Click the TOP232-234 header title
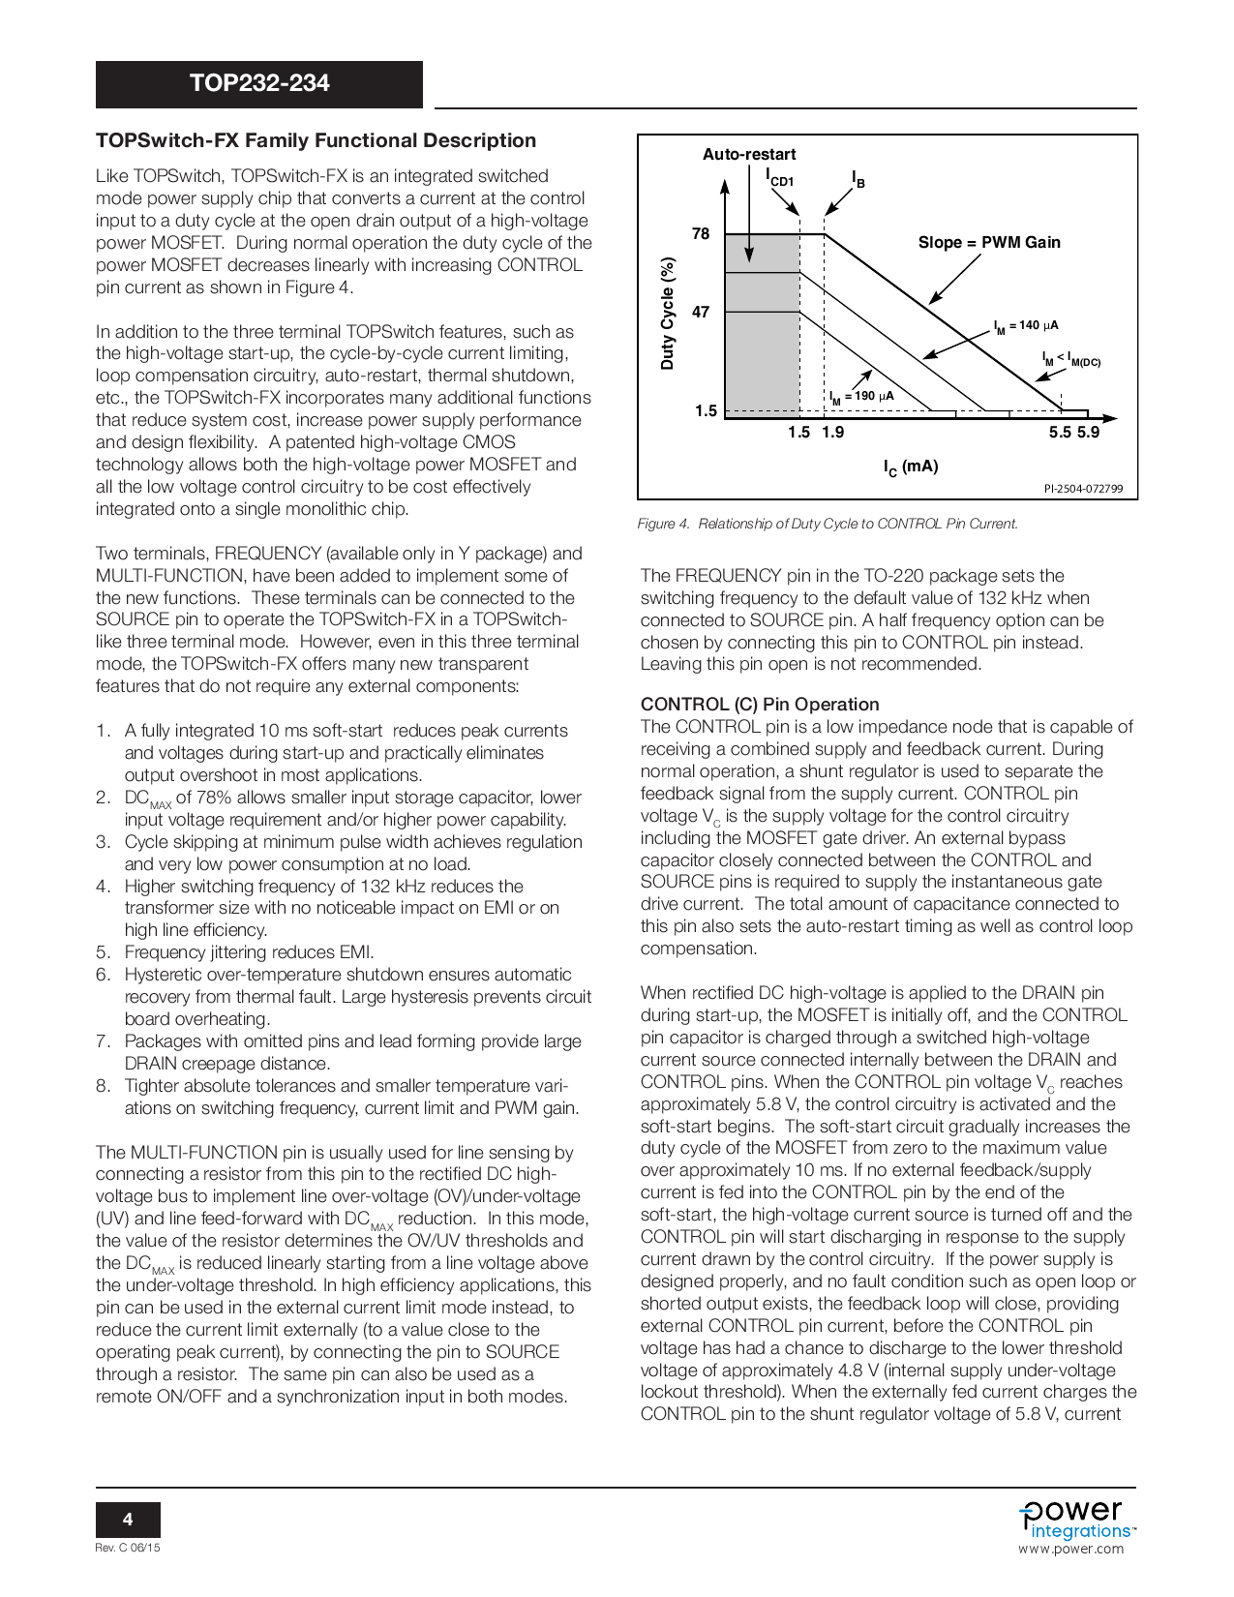pyautogui.click(x=259, y=83)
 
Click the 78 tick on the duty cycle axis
pyautogui.click(x=701, y=234)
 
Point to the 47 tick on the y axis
pyautogui.click(x=701, y=313)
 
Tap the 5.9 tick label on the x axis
pyautogui.click(x=1089, y=433)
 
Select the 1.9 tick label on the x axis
pyautogui.click(x=832, y=433)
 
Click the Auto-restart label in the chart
pyautogui.click(x=749, y=155)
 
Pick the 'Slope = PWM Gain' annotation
pyautogui.click(x=989, y=243)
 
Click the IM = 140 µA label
pyautogui.click(x=1026, y=326)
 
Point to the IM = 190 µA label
pyautogui.click(x=861, y=397)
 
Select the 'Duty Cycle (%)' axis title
pyautogui.click(x=668, y=314)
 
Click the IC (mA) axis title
pyautogui.click(x=911, y=467)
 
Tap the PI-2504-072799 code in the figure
pyautogui.click(x=1083, y=489)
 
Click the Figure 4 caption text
pyautogui.click(x=828, y=524)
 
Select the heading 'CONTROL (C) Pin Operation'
pyautogui.click(x=760, y=705)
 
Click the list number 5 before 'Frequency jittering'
pyautogui.click(x=103, y=952)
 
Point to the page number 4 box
pyautogui.click(x=128, y=1520)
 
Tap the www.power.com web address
pyautogui.click(x=1070, y=1549)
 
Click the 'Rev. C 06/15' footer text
pyautogui.click(x=128, y=1548)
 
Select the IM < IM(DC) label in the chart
pyautogui.click(x=1070, y=360)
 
